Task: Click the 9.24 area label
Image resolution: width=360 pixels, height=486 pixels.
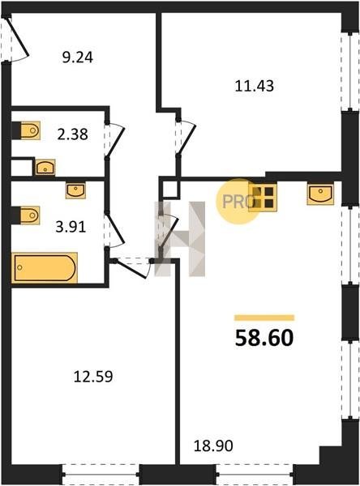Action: click(x=78, y=58)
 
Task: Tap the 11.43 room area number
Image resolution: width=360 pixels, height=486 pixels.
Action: click(x=255, y=86)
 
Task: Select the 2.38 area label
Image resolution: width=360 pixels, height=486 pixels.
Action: click(x=73, y=134)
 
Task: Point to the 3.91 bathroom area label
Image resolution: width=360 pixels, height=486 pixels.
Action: click(x=71, y=227)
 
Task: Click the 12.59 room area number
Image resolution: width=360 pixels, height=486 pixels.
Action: click(x=93, y=377)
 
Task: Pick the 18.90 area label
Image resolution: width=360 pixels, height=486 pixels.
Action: click(x=213, y=446)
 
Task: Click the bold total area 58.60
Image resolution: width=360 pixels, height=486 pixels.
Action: click(x=264, y=338)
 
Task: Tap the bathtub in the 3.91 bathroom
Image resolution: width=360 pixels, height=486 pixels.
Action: click(x=45, y=268)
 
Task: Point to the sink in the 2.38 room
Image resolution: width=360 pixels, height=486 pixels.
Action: click(x=45, y=167)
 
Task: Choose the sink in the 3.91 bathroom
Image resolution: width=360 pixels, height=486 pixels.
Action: click(x=75, y=190)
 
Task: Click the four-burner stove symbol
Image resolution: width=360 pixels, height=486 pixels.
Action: click(x=263, y=198)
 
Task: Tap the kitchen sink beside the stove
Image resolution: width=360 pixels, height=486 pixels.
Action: click(x=320, y=194)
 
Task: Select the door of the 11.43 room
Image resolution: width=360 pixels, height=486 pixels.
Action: click(x=186, y=136)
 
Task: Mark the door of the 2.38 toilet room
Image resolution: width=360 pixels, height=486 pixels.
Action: click(x=114, y=139)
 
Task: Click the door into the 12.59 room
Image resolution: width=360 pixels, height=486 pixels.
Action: click(x=132, y=267)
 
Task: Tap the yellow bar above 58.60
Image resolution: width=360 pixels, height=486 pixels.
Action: click(x=264, y=318)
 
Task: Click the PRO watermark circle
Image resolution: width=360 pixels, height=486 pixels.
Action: click(x=238, y=202)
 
